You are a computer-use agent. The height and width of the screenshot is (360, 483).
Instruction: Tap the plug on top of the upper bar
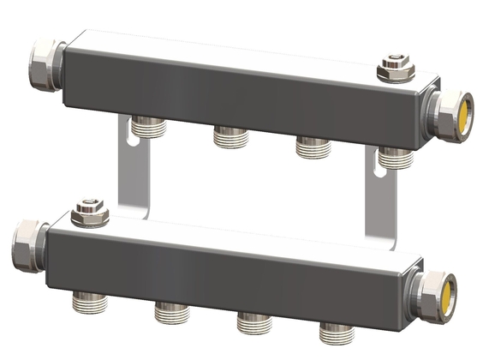pos(394,67)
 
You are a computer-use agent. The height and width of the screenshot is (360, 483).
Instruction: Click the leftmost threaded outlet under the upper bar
pos(150,129)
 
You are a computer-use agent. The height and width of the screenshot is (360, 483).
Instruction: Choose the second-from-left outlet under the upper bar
pos(230,136)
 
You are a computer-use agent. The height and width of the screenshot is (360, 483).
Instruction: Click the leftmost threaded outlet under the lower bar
pos(89,299)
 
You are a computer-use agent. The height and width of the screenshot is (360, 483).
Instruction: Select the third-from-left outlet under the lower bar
pos(253,321)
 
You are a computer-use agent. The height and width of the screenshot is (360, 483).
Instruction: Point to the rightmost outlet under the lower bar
pos(336,331)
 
